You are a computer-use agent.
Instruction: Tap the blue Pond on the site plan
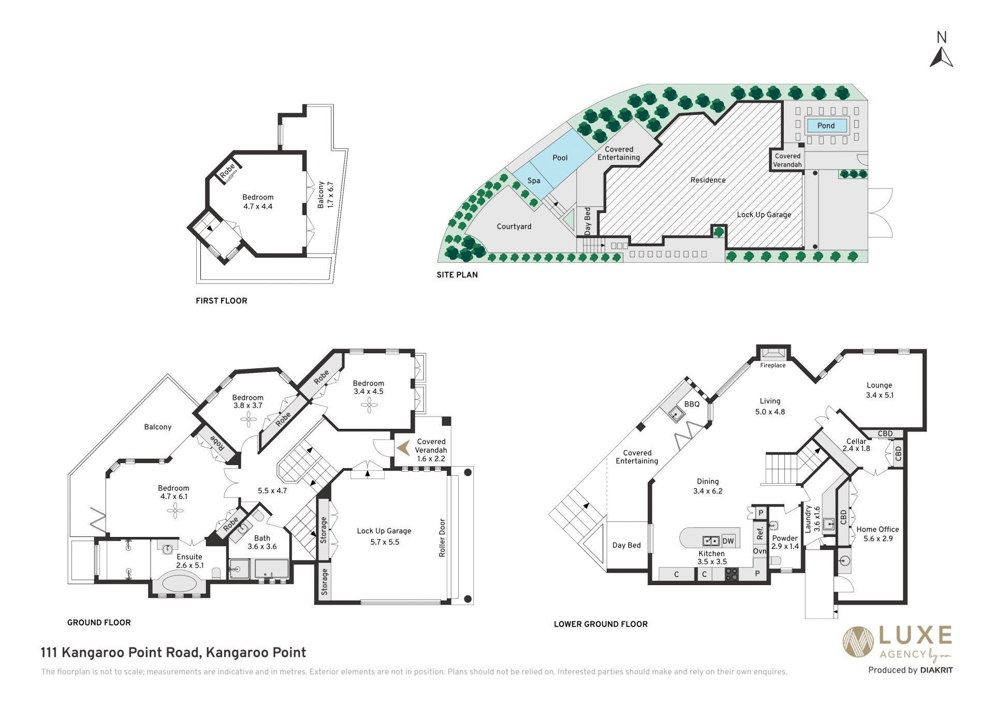[x=826, y=125]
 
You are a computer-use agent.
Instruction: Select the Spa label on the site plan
[x=534, y=181]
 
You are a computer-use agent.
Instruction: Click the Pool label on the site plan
[x=560, y=158]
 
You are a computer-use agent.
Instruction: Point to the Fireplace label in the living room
[x=773, y=365]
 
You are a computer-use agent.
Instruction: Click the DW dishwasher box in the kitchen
[x=728, y=541]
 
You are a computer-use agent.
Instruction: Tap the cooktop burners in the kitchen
[x=731, y=574]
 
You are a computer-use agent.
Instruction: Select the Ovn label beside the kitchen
[x=759, y=551]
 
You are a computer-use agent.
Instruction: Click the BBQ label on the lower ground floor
[x=692, y=404]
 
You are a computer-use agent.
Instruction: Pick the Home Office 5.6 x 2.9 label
[x=878, y=534]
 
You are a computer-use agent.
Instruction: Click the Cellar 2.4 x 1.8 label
[x=856, y=445]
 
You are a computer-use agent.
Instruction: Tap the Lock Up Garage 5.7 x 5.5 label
[x=384, y=536]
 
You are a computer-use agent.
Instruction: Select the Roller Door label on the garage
[x=442, y=537]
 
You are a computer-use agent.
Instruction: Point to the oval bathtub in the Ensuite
[x=180, y=583]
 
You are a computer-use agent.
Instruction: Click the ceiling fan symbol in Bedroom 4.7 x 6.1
[x=175, y=511]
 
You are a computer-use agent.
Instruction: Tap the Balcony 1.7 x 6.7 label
[x=326, y=195]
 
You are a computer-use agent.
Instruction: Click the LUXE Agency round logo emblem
[x=858, y=641]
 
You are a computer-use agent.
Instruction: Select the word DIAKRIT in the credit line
[x=936, y=670]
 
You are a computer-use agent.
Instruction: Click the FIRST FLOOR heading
[x=222, y=301]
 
